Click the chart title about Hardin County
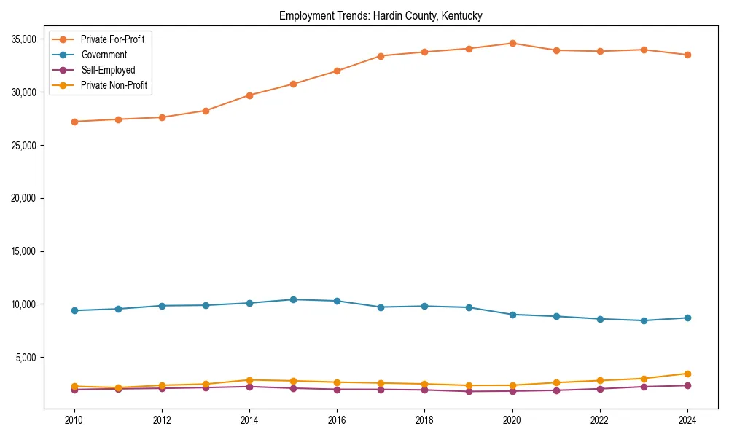tap(381, 15)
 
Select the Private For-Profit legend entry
tap(112, 39)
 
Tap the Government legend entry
tap(104, 55)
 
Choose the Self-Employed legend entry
tap(108, 70)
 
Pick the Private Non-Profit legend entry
tap(114, 85)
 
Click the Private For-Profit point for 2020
tap(512, 43)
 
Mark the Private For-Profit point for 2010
tap(74, 122)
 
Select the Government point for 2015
tap(293, 299)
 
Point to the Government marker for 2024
tap(687, 318)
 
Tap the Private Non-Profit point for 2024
tap(687, 374)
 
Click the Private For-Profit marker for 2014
tap(249, 95)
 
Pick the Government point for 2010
tap(74, 310)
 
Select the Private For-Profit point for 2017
tap(381, 56)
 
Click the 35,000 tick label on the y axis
tap(26, 39)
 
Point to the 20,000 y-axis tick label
tap(26, 198)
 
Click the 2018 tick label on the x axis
tap(424, 420)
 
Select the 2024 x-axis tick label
tap(687, 420)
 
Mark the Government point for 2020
tap(512, 315)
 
